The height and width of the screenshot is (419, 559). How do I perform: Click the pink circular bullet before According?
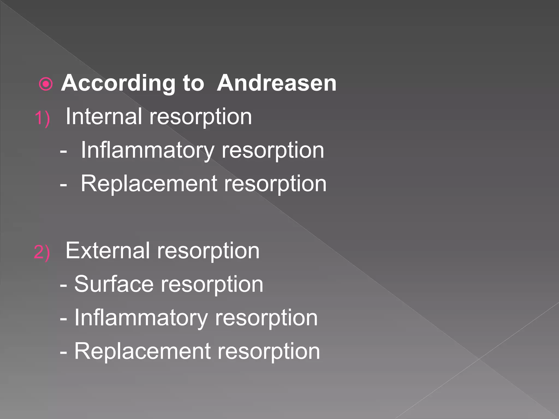coord(46,84)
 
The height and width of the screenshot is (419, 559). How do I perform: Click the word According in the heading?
coord(118,83)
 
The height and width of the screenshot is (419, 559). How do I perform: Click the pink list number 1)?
coord(42,118)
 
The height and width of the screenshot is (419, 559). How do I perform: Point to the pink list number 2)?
coord(42,252)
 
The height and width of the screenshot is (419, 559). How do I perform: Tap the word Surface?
coord(114,284)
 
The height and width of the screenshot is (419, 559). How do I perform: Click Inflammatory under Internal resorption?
coord(147,150)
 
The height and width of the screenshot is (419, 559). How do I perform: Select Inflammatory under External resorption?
coord(141,318)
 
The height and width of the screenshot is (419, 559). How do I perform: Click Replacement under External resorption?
coord(142,351)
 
